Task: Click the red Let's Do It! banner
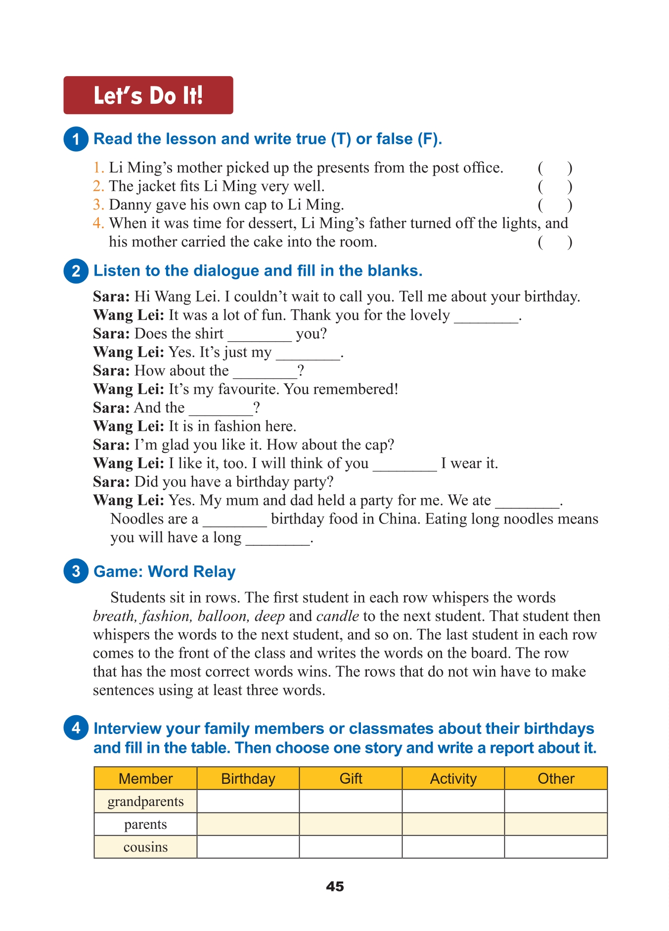[148, 95]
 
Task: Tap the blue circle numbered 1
[76, 139]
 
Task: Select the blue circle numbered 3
[76, 571]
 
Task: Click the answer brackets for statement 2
[555, 187]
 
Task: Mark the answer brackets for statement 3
[555, 205]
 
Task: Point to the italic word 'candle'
[337, 616]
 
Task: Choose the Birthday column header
[248, 778]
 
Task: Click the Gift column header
[351, 778]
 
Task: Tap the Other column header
[556, 778]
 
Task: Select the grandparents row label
[145, 801]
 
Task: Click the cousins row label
[145, 847]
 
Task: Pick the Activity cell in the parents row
[453, 824]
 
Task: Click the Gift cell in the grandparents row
[351, 801]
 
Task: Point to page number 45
[335, 887]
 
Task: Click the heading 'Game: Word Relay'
[164, 571]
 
